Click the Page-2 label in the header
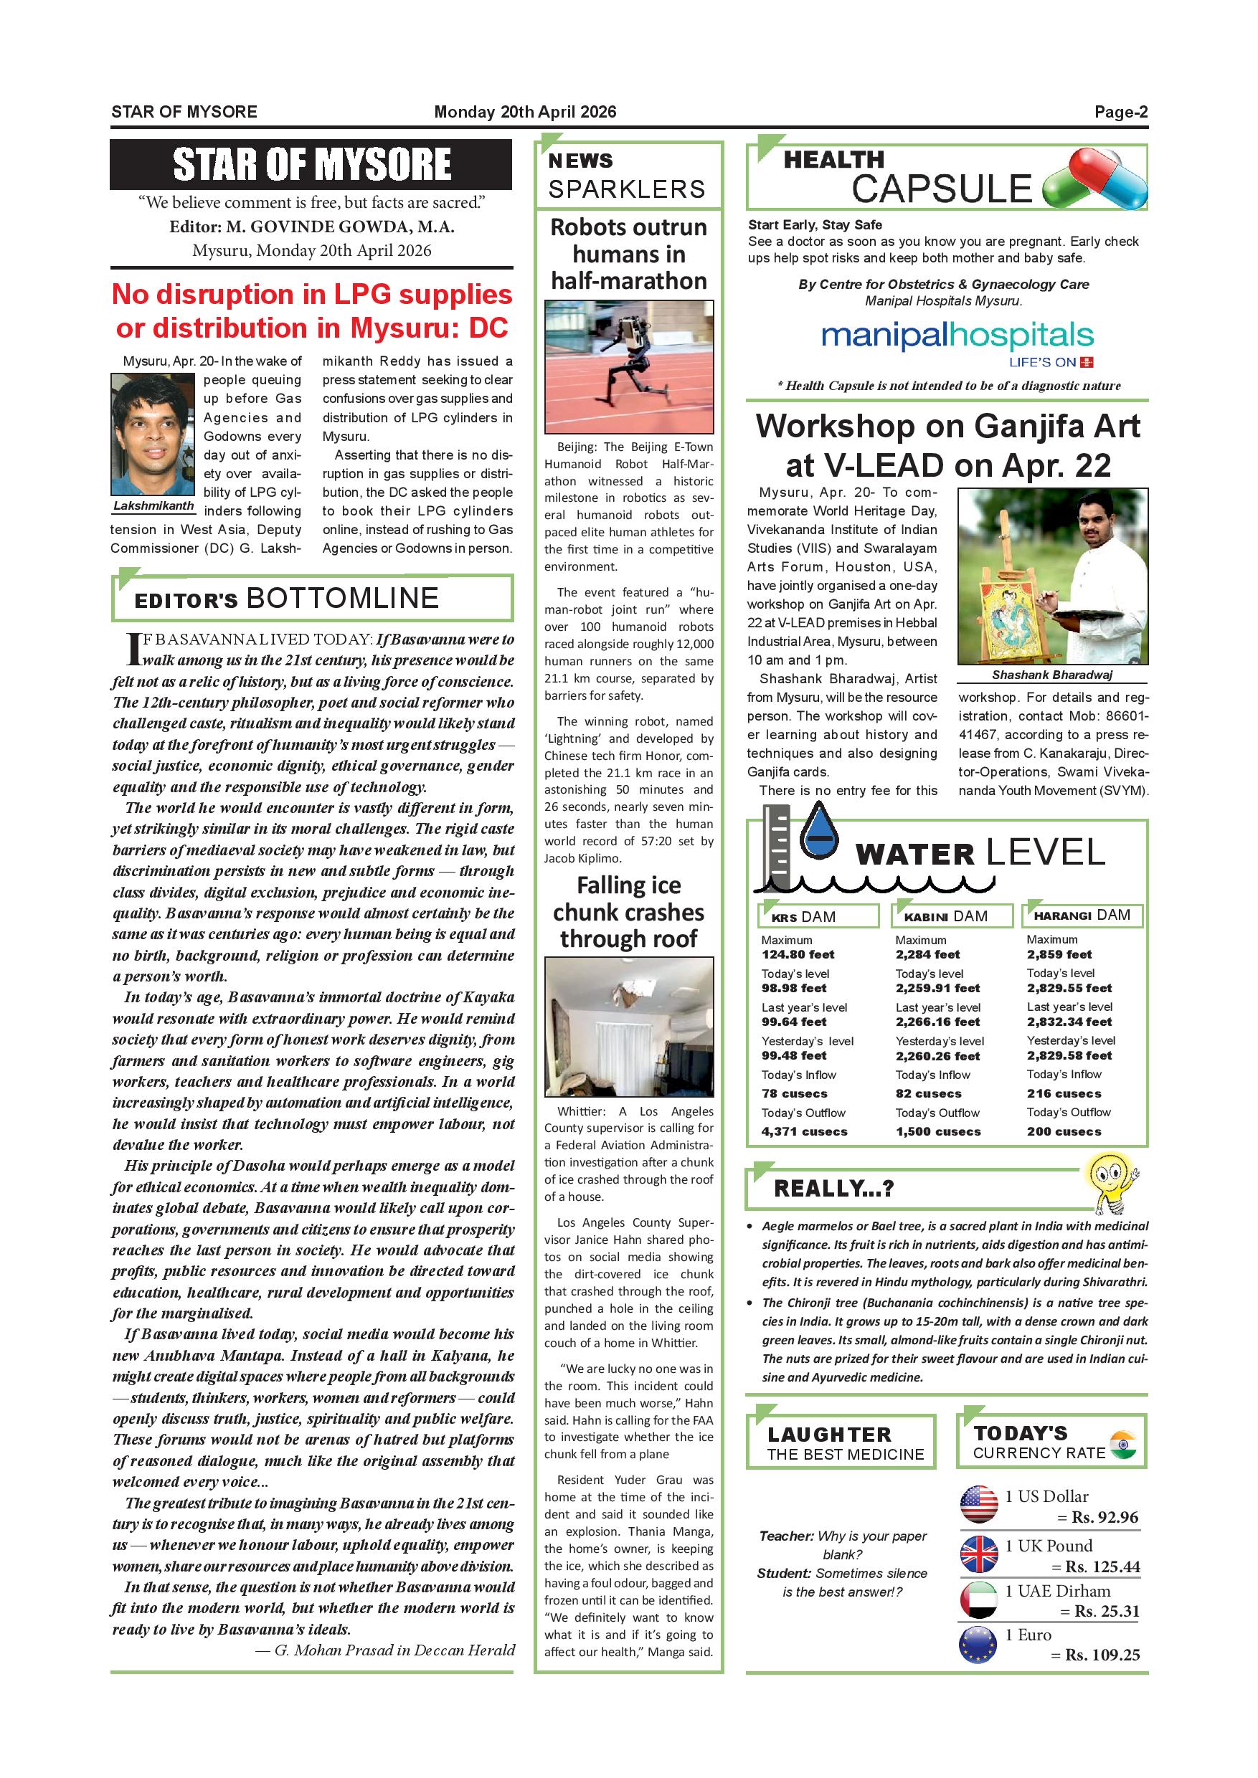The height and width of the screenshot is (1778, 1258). point(1120,112)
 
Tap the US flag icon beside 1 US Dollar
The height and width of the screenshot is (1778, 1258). point(978,1504)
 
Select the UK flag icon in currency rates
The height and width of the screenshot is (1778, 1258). point(978,1554)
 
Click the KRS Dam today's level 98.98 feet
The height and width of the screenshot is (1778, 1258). point(794,988)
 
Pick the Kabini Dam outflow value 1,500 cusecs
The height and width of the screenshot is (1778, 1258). point(938,1131)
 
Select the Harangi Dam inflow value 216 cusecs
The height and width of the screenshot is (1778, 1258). point(1064,1093)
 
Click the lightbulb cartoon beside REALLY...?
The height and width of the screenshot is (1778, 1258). point(1112,1182)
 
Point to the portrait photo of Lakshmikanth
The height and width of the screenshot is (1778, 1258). point(153,434)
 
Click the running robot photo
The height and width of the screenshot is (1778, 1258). point(628,367)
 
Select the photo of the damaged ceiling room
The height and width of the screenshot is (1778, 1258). point(628,1027)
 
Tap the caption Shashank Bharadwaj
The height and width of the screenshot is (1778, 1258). point(1052,675)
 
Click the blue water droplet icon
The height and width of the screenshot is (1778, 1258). point(819,830)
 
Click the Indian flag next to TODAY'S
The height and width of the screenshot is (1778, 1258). point(1122,1445)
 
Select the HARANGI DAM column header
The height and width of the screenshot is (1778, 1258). point(1082,916)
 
